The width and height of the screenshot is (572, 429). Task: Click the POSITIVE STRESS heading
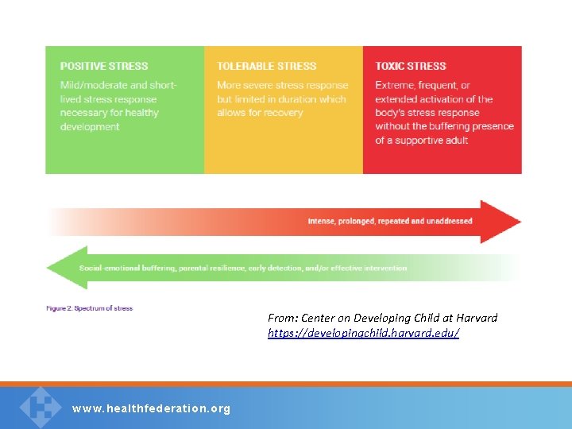click(104, 66)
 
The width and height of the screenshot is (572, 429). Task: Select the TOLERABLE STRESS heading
click(266, 66)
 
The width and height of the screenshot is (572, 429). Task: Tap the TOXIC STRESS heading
click(411, 66)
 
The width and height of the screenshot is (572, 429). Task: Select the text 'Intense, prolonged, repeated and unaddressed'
click(390, 221)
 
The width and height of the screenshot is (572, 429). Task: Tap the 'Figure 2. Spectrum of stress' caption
click(89, 308)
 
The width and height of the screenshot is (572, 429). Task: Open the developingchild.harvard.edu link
click(363, 333)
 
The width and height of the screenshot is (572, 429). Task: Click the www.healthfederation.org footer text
click(151, 408)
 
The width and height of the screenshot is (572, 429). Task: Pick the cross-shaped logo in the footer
click(40, 406)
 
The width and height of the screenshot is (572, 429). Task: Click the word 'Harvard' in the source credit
click(474, 318)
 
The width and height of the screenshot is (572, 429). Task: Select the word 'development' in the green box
click(90, 126)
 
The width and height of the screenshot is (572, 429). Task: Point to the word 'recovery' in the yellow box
click(284, 113)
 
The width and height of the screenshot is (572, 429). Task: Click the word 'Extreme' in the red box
click(395, 85)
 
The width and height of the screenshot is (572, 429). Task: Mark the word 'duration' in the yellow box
click(299, 99)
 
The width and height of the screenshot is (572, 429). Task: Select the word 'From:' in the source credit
click(281, 318)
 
